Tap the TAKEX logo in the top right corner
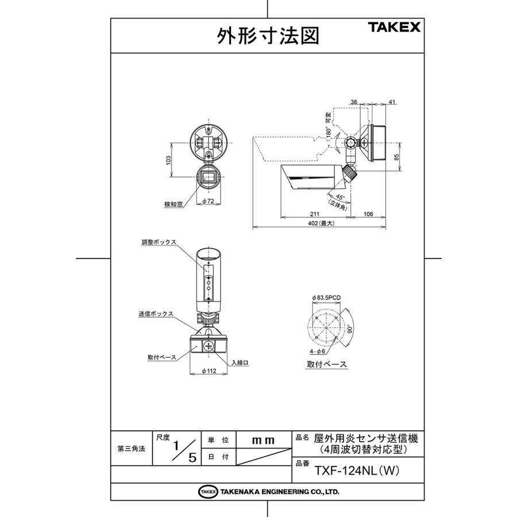point(394,27)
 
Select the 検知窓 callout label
point(173,204)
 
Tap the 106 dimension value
point(368,214)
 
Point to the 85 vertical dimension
point(396,156)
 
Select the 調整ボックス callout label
point(159,242)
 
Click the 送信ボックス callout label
point(156,314)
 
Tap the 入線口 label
point(240,362)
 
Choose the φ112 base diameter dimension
point(209,371)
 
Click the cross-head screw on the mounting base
point(208,346)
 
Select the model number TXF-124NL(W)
point(356,470)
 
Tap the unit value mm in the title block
point(264,440)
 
